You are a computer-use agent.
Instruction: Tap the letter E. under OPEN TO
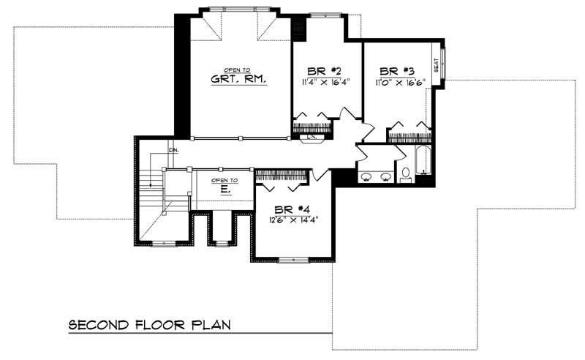coord(225,189)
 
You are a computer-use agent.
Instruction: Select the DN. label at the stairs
coord(173,150)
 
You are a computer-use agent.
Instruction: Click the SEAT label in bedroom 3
coord(436,67)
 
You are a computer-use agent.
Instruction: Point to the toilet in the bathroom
coord(406,174)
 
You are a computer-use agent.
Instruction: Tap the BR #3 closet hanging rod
coord(408,136)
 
